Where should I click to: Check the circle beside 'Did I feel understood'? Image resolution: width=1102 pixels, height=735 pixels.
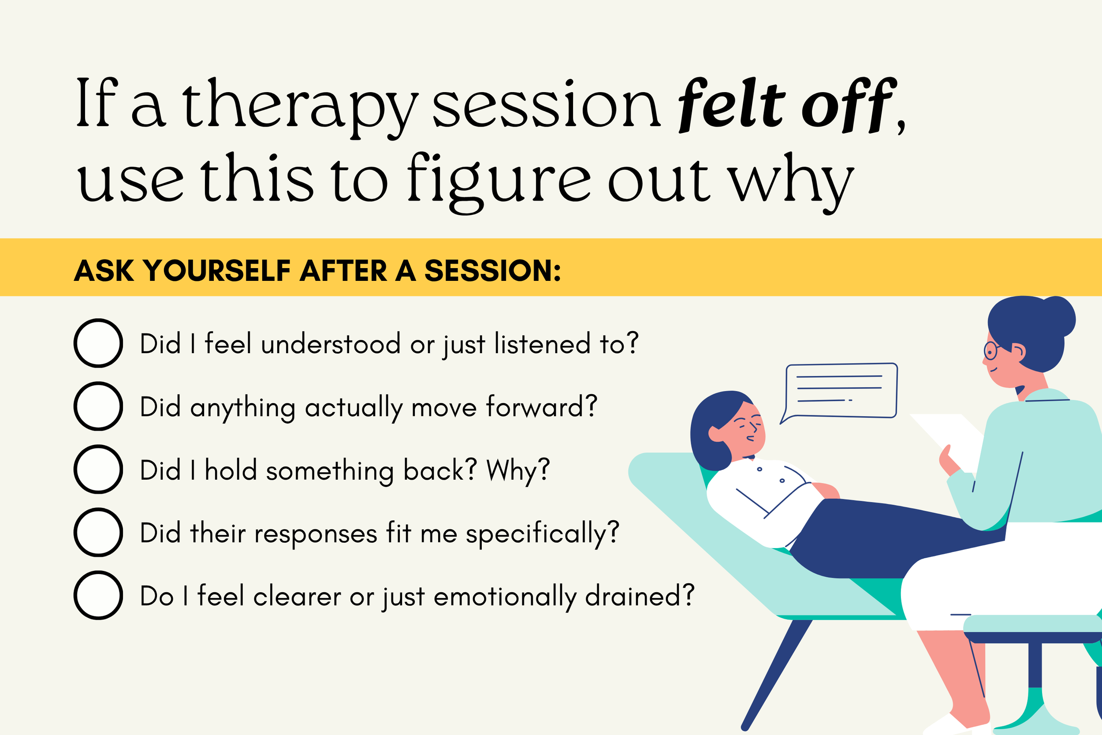coord(98,343)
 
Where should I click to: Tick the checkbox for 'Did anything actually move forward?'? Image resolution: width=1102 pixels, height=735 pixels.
coord(98,406)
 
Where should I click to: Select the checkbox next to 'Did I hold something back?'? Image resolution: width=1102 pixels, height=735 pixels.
coord(98,469)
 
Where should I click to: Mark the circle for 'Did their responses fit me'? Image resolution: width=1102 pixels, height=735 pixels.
coord(98,533)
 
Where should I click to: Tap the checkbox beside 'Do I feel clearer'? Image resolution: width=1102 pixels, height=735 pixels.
coord(98,595)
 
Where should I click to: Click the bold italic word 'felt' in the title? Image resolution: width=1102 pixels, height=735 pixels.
coord(731,104)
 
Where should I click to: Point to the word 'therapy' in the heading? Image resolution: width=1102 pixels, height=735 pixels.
coord(300,105)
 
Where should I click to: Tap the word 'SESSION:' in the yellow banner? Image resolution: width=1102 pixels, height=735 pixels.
coord(492,270)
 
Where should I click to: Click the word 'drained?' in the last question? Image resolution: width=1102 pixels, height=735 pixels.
coord(640,596)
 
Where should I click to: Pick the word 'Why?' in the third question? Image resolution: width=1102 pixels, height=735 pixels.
coord(518,470)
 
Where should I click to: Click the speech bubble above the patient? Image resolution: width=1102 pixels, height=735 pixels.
coord(841,390)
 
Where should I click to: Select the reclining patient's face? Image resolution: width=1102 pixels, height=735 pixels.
coord(745,426)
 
